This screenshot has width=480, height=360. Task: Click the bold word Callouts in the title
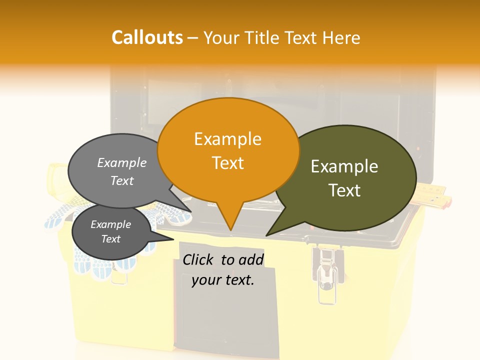147,37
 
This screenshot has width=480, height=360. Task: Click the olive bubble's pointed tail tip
266,235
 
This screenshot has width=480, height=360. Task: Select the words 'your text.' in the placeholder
223,280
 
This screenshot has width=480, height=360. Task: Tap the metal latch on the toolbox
328,272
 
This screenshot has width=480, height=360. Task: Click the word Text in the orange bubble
228,163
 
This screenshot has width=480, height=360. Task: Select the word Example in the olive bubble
344,166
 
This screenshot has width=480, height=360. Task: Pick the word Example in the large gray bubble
122,162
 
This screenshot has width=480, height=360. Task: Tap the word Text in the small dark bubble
110,239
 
